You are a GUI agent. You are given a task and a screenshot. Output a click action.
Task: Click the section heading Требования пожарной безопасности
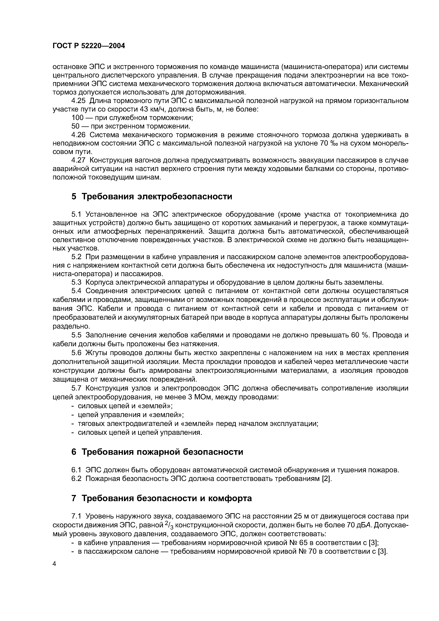(162, 452)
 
